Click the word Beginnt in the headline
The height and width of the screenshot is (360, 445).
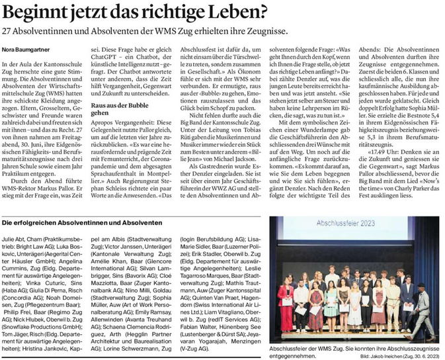(37, 11)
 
